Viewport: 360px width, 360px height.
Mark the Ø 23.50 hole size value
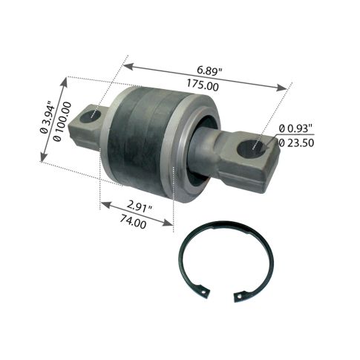(304, 145)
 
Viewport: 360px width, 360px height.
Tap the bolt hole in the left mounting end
(95, 116)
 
